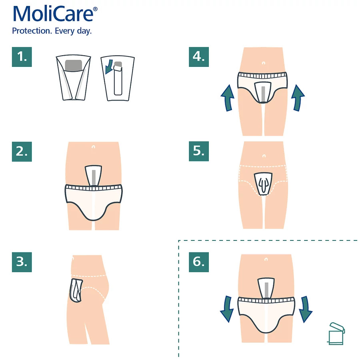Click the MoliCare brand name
coord(53,14)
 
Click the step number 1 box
coord(22,57)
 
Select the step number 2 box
coord(22,152)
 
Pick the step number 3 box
coord(22,262)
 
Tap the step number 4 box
coord(199,57)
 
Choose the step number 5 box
coord(199,151)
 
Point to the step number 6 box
coord(199,262)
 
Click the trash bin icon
coord(336,334)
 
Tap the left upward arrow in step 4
coord(228,98)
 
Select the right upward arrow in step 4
coord(298,98)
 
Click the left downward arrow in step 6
coord(227,309)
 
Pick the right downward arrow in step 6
coord(305,309)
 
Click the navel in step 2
coord(93,147)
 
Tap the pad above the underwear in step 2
coord(93,176)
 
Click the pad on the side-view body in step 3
coord(76,290)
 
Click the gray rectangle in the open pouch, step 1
coord(74,66)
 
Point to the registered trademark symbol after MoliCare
coord(95,9)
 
